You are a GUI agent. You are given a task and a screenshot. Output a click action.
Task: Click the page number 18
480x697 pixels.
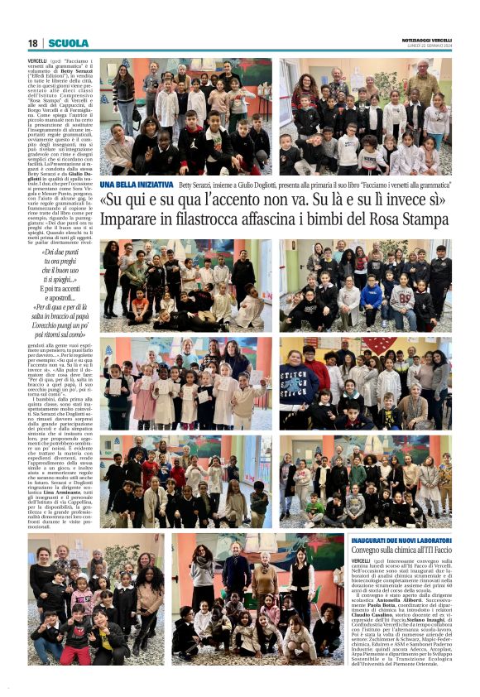coord(33,43)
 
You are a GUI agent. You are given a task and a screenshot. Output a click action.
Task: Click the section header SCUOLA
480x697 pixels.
coord(69,43)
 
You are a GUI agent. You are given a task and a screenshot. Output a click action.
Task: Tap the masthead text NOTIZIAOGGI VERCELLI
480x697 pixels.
coord(426,40)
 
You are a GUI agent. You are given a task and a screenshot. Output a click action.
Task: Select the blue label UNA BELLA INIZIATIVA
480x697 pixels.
coord(137,185)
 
